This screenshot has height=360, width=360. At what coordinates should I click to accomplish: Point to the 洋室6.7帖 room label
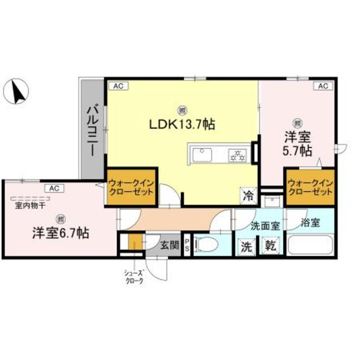click(x=59, y=232)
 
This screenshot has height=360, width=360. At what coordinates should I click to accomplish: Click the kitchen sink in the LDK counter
click(x=201, y=154)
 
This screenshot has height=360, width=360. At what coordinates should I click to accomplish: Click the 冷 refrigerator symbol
click(x=247, y=196)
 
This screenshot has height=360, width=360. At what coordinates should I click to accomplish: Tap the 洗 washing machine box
click(x=246, y=245)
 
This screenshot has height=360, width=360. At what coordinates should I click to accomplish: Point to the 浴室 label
click(x=310, y=222)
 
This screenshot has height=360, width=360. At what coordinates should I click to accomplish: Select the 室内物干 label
click(x=26, y=205)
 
